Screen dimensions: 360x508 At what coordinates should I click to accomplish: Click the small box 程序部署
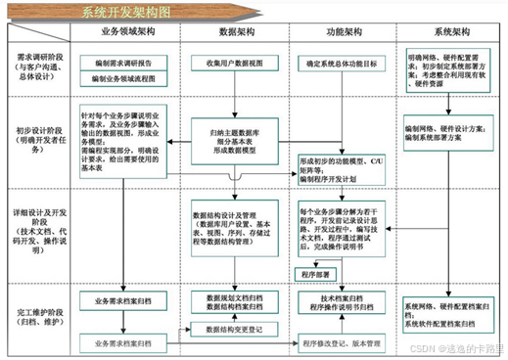(318, 272)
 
